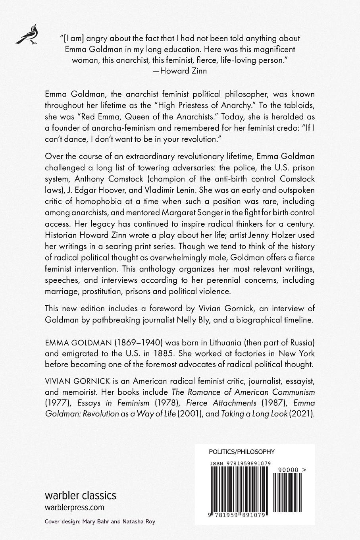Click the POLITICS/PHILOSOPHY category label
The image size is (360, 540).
pyautogui.click(x=241, y=451)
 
